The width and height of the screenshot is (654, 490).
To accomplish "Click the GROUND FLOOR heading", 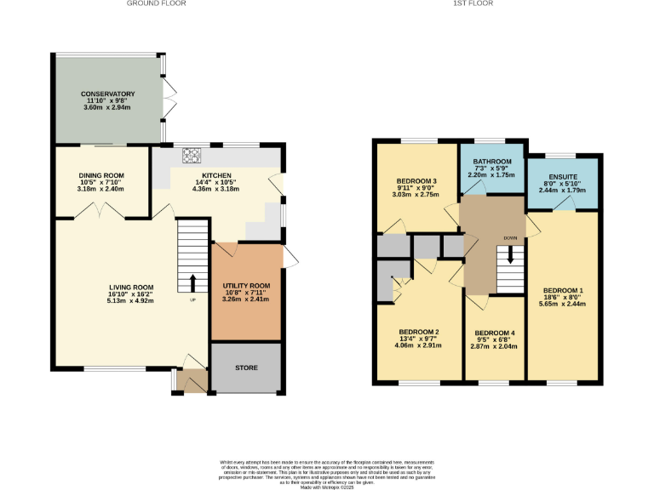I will coord(156,3).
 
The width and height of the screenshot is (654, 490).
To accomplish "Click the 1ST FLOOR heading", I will coord(479,3).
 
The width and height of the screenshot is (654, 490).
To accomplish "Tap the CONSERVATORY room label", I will coord(108,94).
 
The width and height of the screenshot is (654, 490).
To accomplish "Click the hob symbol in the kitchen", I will coord(190,156).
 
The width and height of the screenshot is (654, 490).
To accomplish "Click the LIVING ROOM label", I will coord(131,287).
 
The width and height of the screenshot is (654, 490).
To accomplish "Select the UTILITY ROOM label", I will coord(246,286).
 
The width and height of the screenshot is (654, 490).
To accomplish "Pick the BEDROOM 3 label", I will coord(416,181).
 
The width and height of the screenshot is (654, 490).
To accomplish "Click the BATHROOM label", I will coord(492,162).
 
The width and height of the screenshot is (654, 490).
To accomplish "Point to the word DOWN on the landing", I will coord(510,238).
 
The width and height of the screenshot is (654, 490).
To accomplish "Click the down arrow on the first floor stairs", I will coord(511,254).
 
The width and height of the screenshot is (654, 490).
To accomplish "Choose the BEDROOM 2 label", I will coord(418,332).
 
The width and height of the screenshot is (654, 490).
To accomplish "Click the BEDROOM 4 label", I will coord(495,333).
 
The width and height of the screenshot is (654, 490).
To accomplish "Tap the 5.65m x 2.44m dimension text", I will coord(562,304).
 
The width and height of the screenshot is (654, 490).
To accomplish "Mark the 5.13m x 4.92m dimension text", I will coord(131,300).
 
